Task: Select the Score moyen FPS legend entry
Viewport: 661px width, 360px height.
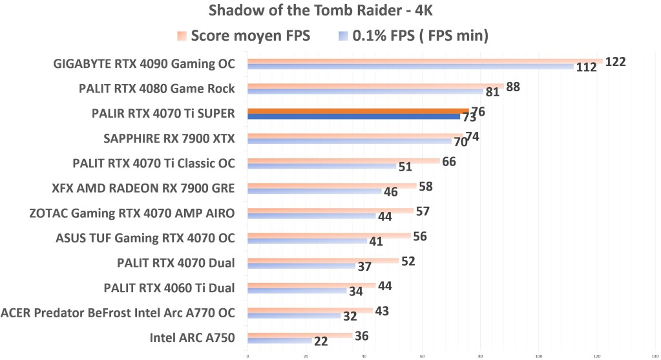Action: pos(244,36)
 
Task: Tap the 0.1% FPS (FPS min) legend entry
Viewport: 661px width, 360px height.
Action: pos(414,36)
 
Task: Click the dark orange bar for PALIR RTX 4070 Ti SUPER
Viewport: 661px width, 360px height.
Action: pos(358,111)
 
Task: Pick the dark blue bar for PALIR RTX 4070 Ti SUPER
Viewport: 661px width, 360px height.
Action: pos(353,117)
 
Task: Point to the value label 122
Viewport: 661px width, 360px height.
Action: pos(615,61)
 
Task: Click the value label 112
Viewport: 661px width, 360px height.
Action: pos(585,68)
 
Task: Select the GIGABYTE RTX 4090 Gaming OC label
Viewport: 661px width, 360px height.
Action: pos(144,63)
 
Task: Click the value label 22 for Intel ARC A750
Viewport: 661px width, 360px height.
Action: pos(320,341)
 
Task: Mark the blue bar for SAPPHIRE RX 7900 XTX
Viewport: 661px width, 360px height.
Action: pos(350,142)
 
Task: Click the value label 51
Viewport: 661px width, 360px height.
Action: pos(405,167)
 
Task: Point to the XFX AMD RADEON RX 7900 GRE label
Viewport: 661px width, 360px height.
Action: pos(143,188)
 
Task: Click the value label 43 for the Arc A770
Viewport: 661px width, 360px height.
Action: pos(381,311)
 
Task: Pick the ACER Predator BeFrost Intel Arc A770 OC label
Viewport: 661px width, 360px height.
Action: pos(118,312)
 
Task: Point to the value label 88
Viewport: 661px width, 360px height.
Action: pos(514,87)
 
